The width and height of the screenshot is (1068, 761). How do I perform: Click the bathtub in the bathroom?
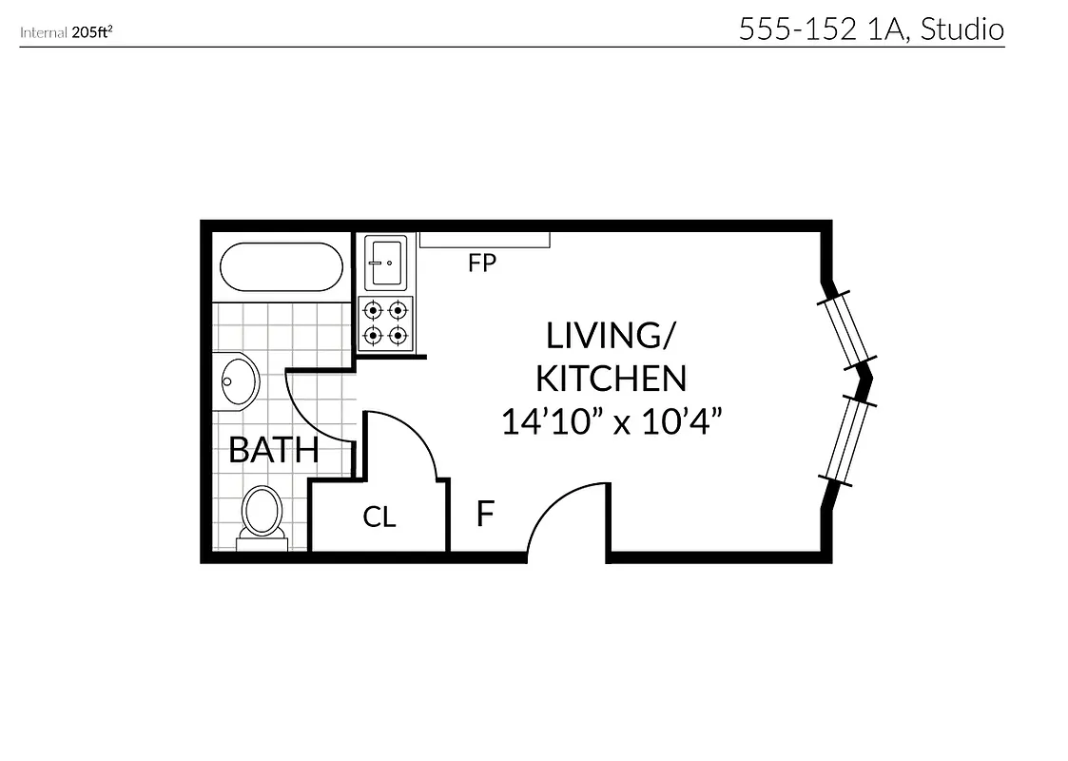pos(282,267)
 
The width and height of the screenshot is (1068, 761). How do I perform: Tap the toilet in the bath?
pos(262,514)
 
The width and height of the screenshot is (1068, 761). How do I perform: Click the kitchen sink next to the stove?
pos(386,262)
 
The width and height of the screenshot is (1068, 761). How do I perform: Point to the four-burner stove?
pos(386,322)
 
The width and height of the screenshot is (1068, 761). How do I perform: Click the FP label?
pos(482,263)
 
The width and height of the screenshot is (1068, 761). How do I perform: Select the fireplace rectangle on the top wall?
pos(484,240)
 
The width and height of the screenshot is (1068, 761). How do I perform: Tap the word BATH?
pos(273,450)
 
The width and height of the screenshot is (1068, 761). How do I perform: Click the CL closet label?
pos(379,517)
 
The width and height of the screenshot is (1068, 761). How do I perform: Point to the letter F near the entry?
pos(485,515)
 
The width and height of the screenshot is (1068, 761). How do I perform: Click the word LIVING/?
pos(609,336)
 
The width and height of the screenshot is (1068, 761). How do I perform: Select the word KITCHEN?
pos(611,379)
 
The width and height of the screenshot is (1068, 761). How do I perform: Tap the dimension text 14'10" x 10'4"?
pos(609,421)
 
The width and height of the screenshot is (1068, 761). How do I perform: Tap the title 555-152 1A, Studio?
pos(870,29)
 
